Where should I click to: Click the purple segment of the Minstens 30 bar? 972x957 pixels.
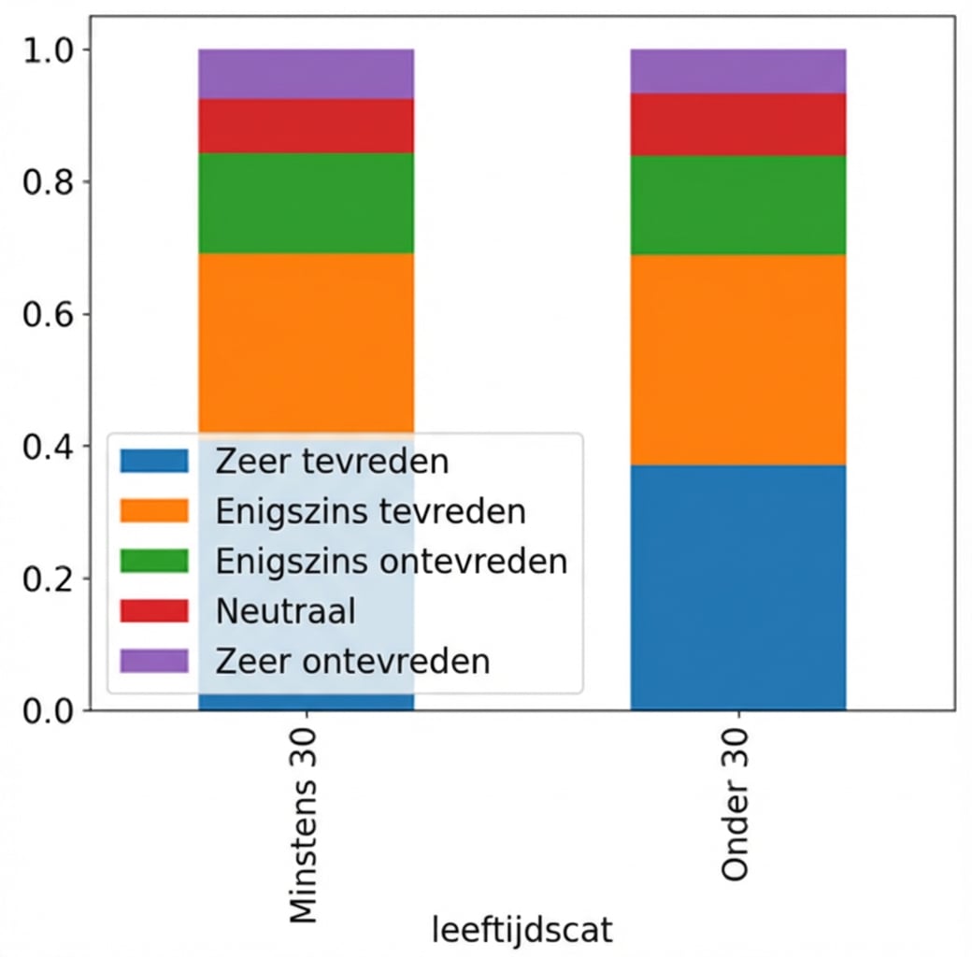(306, 74)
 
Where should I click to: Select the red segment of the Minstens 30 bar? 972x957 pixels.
(306, 126)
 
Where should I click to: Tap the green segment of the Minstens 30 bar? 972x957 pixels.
(306, 203)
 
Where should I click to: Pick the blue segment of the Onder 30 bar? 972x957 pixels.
(737, 587)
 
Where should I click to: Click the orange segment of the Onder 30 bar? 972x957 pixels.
(737, 360)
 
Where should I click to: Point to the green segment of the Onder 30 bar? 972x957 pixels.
(737, 205)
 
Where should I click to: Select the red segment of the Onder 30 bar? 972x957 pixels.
(737, 124)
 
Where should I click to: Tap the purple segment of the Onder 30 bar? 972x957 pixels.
(737, 71)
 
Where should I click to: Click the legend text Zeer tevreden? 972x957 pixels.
(332, 461)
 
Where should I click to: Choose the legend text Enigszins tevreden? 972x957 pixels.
(370, 511)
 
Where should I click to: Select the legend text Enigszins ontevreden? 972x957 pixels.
(391, 562)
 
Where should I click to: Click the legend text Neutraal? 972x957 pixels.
(285, 611)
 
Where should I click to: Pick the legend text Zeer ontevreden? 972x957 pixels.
(352, 661)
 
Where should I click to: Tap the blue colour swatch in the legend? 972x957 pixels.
(154, 461)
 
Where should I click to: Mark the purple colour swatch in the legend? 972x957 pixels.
(154, 661)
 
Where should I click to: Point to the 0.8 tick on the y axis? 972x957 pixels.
(43, 181)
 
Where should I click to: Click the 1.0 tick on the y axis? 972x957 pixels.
(43, 50)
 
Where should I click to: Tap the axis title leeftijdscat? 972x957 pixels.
(522, 931)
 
